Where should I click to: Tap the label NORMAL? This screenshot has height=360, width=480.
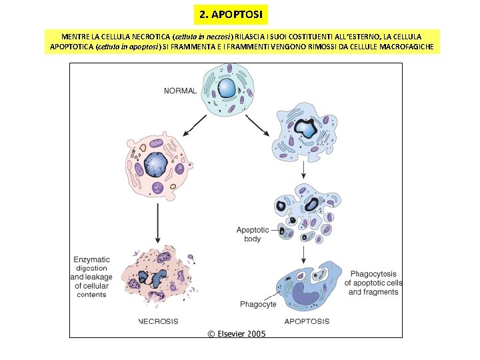click(x=180, y=90)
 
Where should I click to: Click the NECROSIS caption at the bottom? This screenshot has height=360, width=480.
click(x=158, y=321)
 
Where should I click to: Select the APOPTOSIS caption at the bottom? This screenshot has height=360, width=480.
click(x=307, y=321)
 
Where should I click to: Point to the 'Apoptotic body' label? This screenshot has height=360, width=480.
click(x=253, y=234)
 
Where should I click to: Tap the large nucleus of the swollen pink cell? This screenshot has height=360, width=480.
click(x=155, y=164)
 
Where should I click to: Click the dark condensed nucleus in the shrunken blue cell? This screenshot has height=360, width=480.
click(x=307, y=129)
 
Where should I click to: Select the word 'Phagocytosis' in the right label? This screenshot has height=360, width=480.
click(x=374, y=274)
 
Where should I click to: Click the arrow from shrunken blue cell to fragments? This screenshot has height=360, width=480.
click(x=304, y=170)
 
